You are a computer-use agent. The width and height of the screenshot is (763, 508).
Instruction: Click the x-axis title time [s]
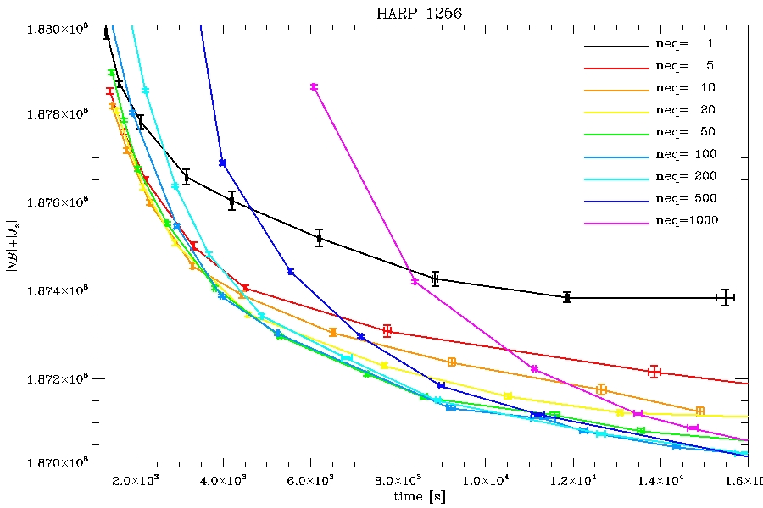point(415,496)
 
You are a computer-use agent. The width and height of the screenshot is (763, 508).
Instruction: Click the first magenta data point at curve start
point(314,87)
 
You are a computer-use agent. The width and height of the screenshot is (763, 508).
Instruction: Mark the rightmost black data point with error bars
point(726,297)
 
